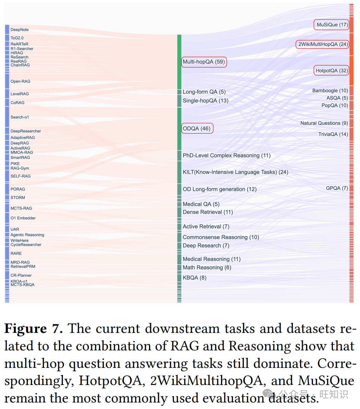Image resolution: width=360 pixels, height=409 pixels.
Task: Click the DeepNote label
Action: (20, 30)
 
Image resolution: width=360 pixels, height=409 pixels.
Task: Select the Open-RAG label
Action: (20, 81)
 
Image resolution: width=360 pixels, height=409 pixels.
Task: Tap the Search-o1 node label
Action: (20, 117)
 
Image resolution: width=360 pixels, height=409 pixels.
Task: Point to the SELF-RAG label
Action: (21, 176)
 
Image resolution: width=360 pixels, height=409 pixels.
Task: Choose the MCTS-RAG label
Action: (21, 208)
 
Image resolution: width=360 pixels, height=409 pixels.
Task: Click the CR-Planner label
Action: (21, 275)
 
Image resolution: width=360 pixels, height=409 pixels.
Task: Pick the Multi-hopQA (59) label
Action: (204, 62)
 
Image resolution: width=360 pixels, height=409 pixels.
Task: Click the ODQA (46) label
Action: (197, 129)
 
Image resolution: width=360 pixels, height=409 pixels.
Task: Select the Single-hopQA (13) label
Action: (205, 101)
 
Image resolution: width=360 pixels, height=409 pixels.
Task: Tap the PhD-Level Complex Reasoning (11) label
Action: (226, 156)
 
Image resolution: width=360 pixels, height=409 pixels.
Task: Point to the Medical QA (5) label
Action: (201, 204)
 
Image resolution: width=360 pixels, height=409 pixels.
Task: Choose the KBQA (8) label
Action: (195, 278)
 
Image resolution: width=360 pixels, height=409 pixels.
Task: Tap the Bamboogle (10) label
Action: (330, 91)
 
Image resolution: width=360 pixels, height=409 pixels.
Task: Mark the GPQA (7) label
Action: (337, 188)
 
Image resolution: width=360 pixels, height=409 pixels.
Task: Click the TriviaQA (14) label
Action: (333, 134)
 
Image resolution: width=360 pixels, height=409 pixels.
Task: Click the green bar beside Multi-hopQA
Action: (179, 62)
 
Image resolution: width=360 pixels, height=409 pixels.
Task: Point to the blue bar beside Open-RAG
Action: (7, 81)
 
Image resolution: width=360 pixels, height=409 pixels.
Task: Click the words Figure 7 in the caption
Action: (33, 328)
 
